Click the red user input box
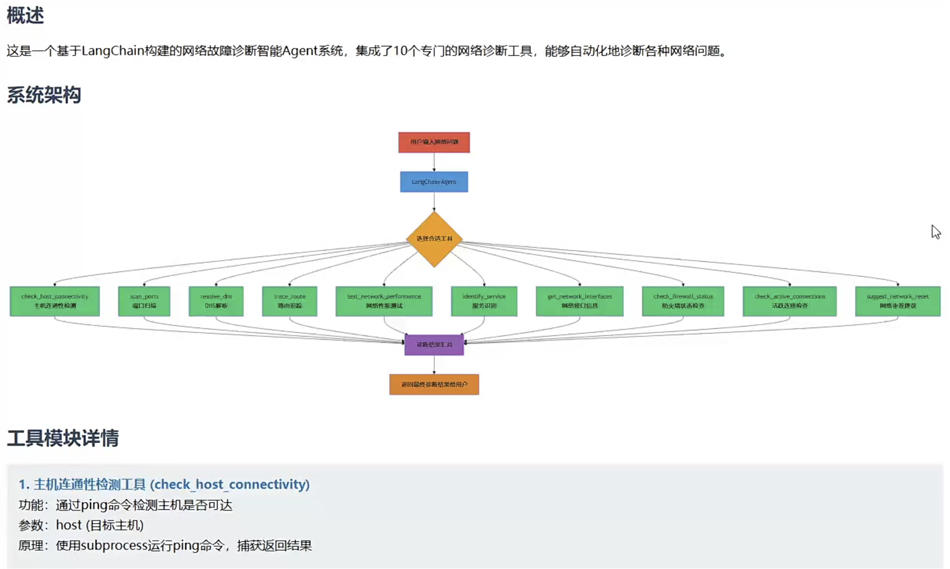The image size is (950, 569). [434, 142]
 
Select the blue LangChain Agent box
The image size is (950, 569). [434, 182]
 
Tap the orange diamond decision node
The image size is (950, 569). [434, 239]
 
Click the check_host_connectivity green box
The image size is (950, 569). [55, 301]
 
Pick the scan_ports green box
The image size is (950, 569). [144, 301]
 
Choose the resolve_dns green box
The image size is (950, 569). [216, 301]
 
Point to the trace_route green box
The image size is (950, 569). [289, 301]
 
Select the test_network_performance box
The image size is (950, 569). [384, 301]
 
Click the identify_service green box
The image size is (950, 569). [484, 301]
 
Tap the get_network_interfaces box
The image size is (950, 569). [580, 301]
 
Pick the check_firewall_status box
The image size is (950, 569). [683, 301]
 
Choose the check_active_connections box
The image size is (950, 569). [789, 301]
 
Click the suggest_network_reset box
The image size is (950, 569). [897, 301]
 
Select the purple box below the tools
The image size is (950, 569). [434, 345]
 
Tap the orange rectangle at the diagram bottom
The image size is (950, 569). [434, 385]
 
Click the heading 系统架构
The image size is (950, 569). [44, 95]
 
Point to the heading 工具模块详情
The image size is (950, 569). [63, 438]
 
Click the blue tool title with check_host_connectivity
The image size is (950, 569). [164, 484]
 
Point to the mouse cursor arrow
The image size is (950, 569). [935, 231]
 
